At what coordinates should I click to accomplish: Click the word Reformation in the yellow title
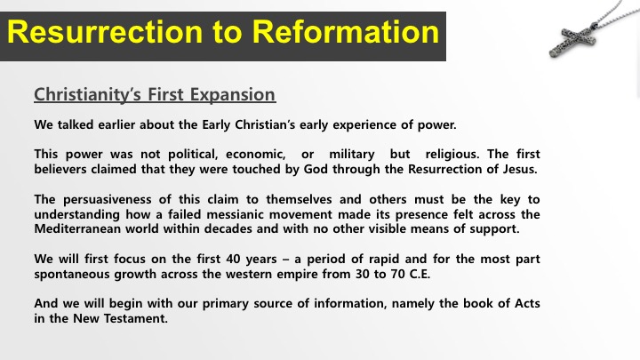tap(345, 32)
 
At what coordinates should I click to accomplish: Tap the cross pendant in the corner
tap(572, 40)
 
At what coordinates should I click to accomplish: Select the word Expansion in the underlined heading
tap(233, 95)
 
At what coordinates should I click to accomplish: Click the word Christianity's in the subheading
tap(88, 95)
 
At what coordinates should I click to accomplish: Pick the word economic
tap(255, 155)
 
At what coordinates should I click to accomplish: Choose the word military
tap(352, 155)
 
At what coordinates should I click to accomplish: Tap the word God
tap(316, 169)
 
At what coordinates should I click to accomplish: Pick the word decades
tap(228, 228)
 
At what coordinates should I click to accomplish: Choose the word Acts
tap(527, 303)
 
